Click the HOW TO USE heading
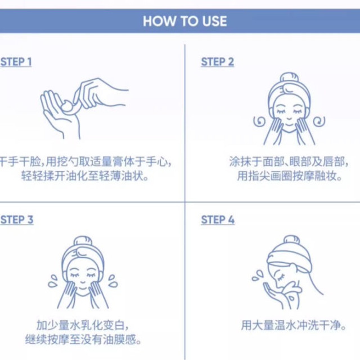point(184,21)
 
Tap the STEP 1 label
point(16,62)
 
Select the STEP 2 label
point(217,62)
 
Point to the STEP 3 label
point(17,219)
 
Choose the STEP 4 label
point(218,219)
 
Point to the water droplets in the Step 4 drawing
point(258,275)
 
